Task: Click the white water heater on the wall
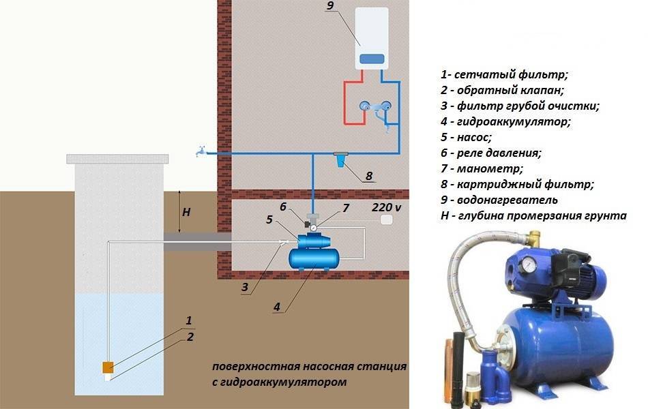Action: click(372, 38)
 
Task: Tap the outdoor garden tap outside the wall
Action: click(201, 151)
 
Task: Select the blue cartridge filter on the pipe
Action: click(340, 160)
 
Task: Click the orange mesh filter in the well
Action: click(108, 367)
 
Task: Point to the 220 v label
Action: click(386, 207)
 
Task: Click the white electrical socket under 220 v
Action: click(386, 219)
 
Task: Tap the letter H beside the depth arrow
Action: click(186, 213)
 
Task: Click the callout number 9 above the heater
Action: click(329, 5)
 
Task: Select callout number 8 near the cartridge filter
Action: click(368, 176)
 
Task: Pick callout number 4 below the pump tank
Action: click(277, 307)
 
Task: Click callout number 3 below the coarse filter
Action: click(245, 287)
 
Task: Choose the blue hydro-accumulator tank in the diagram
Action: click(314, 258)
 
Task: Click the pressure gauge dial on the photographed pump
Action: click(529, 265)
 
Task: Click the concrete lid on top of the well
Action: click(118, 159)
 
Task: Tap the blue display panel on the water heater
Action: click(372, 59)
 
